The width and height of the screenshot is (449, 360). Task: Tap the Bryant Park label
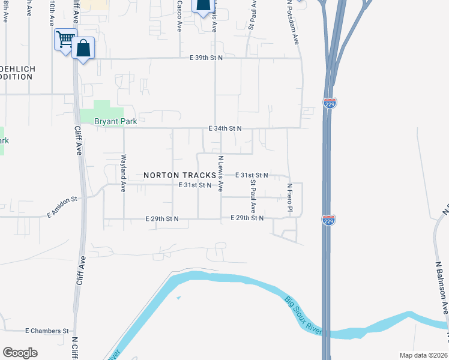click(116, 121)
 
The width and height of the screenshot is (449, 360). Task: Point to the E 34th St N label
click(224, 128)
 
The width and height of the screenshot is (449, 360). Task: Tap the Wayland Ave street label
click(124, 173)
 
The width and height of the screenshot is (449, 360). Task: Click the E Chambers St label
click(47, 331)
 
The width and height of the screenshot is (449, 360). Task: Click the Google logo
click(20, 353)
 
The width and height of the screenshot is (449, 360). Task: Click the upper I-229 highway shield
click(330, 103)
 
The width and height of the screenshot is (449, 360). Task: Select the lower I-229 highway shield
click(329, 220)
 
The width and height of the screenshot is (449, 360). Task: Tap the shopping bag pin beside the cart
click(83, 49)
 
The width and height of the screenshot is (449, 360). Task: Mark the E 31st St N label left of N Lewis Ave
click(194, 185)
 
